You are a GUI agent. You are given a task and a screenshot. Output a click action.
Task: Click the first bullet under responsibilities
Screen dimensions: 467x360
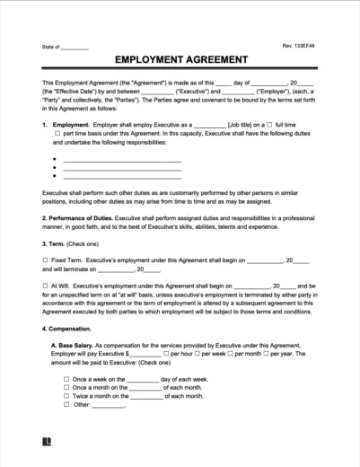[56, 159]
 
